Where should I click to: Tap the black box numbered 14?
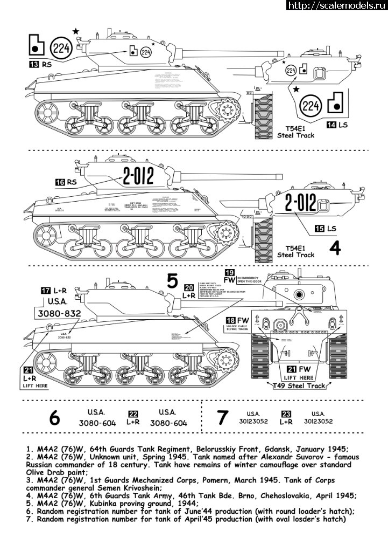332,125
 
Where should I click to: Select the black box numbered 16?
60,183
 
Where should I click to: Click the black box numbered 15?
320,229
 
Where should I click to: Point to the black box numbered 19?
229,272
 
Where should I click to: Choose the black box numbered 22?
133,414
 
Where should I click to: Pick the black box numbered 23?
286,414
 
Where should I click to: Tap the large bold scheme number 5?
172,281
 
